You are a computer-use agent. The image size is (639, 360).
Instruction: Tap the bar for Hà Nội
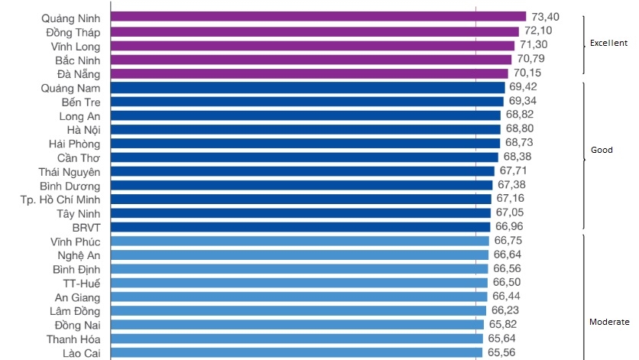pos(306,129)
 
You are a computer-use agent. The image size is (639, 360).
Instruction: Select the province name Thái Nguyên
pos(70,171)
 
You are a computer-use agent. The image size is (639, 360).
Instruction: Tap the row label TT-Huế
pos(82,283)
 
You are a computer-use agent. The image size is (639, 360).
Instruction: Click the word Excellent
pos(608,44)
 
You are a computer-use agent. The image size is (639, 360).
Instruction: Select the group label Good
pos(602,150)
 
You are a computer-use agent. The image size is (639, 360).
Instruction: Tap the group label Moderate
pos(609,322)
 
